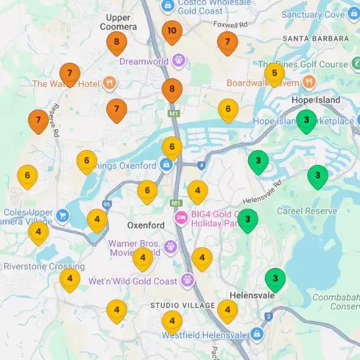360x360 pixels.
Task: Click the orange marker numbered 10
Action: [172, 31]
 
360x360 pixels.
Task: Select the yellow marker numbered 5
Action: [274, 74]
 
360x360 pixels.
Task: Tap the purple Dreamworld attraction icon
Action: [178, 61]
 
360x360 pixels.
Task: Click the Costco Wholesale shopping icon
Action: [168, 4]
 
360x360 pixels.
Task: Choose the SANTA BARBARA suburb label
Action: [312, 39]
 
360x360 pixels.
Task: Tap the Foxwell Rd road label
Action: [230, 25]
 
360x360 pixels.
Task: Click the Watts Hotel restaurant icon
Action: [109, 83]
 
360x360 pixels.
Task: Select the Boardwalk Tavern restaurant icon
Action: [308, 82]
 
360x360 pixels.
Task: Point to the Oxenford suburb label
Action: [146, 226]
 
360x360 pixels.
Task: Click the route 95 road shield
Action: [107, 205]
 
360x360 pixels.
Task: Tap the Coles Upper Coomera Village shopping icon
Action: [62, 214]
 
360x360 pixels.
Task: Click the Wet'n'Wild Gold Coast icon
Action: [187, 281]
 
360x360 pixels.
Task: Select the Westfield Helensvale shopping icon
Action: [257, 334]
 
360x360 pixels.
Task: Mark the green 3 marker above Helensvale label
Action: [275, 278]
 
